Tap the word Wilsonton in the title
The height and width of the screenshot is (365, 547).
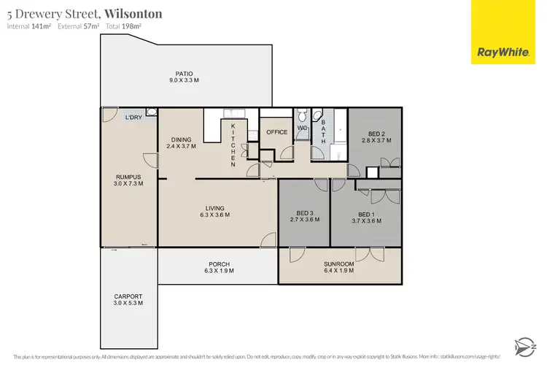[x=133, y=13]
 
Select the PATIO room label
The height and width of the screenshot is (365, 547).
[x=183, y=73]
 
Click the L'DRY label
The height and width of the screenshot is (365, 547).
[x=133, y=118]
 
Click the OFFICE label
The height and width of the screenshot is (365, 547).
[x=277, y=132]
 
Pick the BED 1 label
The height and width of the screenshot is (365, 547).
[x=366, y=212]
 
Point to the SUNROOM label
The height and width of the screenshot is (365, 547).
[x=339, y=264]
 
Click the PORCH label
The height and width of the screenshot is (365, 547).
[x=217, y=264]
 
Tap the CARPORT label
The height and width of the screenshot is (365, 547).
[x=128, y=296]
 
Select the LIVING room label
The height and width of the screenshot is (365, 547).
[x=217, y=208]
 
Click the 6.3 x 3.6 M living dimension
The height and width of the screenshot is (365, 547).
[x=217, y=215]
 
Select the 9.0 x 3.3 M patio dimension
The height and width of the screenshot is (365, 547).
[x=183, y=80]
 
